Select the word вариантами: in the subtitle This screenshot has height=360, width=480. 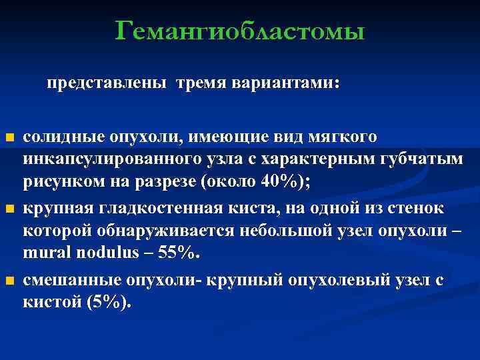pos(286,85)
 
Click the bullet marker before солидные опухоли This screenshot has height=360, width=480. pos(9,138)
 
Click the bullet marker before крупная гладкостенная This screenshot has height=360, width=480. pos(9,209)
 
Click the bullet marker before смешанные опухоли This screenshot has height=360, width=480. pos(9,280)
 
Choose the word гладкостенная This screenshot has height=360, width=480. pos(151,207)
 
